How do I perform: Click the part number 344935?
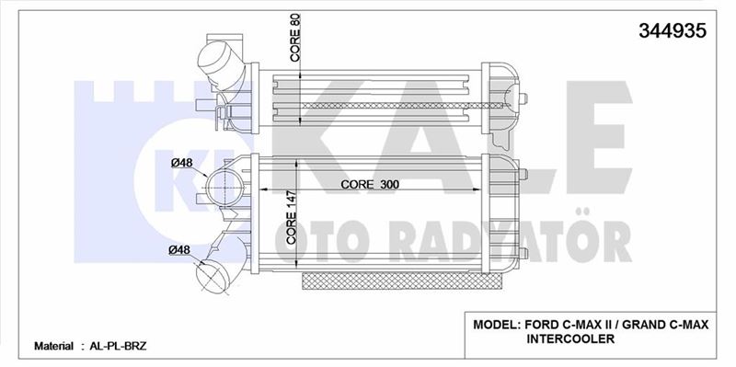pos(673,30)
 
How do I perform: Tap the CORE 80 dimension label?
pos(295,38)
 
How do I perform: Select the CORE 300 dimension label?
pos(370,185)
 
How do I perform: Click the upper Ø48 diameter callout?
pos(181,163)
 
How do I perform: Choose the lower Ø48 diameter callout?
pos(179,249)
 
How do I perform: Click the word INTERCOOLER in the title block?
pos(570,338)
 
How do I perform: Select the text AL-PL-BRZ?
pos(114,347)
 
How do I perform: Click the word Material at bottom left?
pos(53,347)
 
